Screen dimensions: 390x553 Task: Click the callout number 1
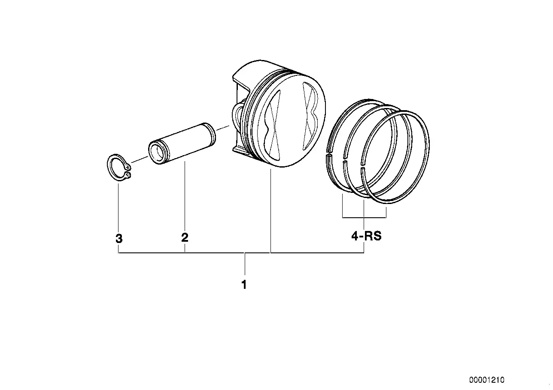(244, 285)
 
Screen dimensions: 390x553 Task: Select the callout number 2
(185, 237)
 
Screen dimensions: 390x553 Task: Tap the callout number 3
(119, 238)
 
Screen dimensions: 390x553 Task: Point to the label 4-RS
(366, 236)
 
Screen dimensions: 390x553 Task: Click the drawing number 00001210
(486, 380)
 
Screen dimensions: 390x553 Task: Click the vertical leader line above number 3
(118, 206)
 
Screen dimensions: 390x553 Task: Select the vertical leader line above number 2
(185, 197)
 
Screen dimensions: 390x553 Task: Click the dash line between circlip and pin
(138, 160)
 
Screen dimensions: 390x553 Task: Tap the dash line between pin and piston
(223, 127)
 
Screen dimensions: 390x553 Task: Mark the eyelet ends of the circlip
(129, 171)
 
